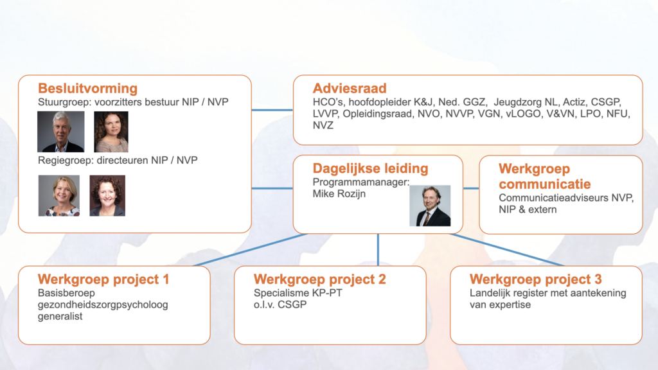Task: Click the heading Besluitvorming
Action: [x=87, y=89]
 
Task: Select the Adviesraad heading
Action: [x=350, y=89]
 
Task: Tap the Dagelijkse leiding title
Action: [x=370, y=168]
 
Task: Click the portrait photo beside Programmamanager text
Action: [x=430, y=206]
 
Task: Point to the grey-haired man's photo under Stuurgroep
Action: [x=61, y=132]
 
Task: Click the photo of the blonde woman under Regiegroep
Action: [x=59, y=195]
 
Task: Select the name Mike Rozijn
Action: [x=339, y=194]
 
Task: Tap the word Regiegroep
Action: [x=63, y=160]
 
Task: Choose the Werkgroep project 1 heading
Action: [x=103, y=279]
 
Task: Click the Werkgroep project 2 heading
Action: [x=319, y=279]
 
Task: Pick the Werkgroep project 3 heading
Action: [x=535, y=279]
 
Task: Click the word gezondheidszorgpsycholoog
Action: [x=103, y=305]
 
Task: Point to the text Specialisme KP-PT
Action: [x=298, y=293]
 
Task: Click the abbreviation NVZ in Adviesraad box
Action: [x=323, y=125]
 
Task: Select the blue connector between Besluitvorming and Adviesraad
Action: [x=272, y=110]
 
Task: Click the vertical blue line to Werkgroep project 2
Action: [x=378, y=250]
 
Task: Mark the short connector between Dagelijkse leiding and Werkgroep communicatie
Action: [x=471, y=188]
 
